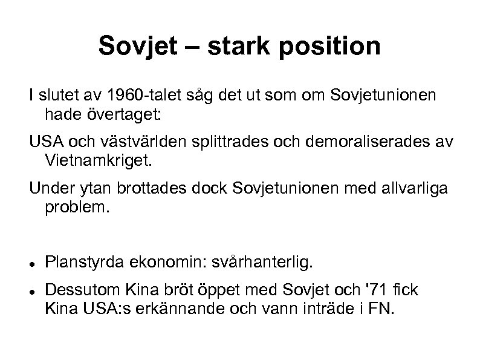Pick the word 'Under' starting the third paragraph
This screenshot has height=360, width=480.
48,190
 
